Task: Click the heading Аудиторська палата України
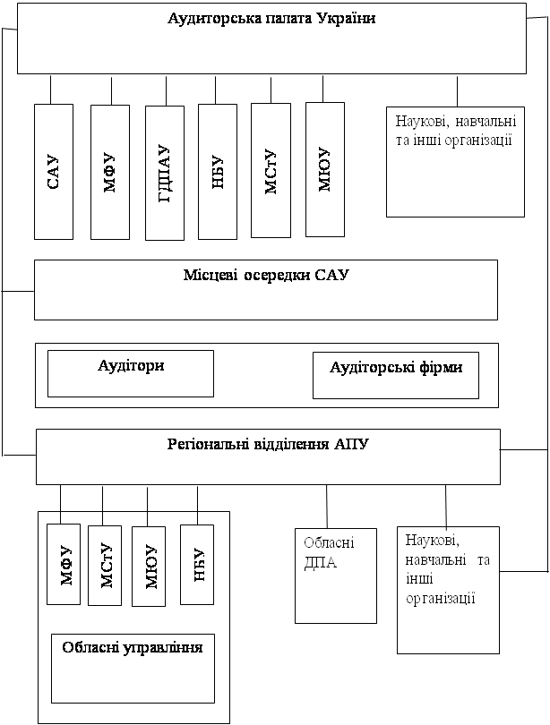click(x=271, y=20)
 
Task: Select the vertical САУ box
click(x=53, y=172)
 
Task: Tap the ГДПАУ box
click(x=164, y=173)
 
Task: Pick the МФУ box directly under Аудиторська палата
click(x=110, y=172)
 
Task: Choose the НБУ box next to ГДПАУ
click(x=217, y=172)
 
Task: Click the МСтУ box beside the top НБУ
click(x=271, y=170)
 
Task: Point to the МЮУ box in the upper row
click(x=324, y=169)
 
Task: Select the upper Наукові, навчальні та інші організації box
click(x=454, y=161)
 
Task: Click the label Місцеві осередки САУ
click(x=265, y=276)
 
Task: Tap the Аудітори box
click(x=130, y=372)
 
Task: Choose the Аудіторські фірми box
click(x=395, y=374)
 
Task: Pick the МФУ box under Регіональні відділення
click(x=64, y=564)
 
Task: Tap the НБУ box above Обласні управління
click(x=197, y=564)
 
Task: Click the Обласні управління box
click(x=133, y=669)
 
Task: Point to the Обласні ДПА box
click(x=335, y=575)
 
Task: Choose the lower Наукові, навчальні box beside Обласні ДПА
click(x=448, y=589)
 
